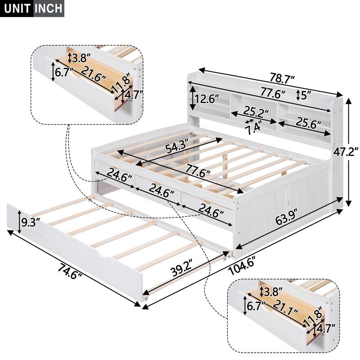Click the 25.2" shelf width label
pyautogui.click(x=256, y=111)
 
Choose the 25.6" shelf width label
pyautogui.click(x=309, y=121)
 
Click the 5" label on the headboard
pyautogui.click(x=307, y=96)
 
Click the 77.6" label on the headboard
pyautogui.click(x=273, y=94)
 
